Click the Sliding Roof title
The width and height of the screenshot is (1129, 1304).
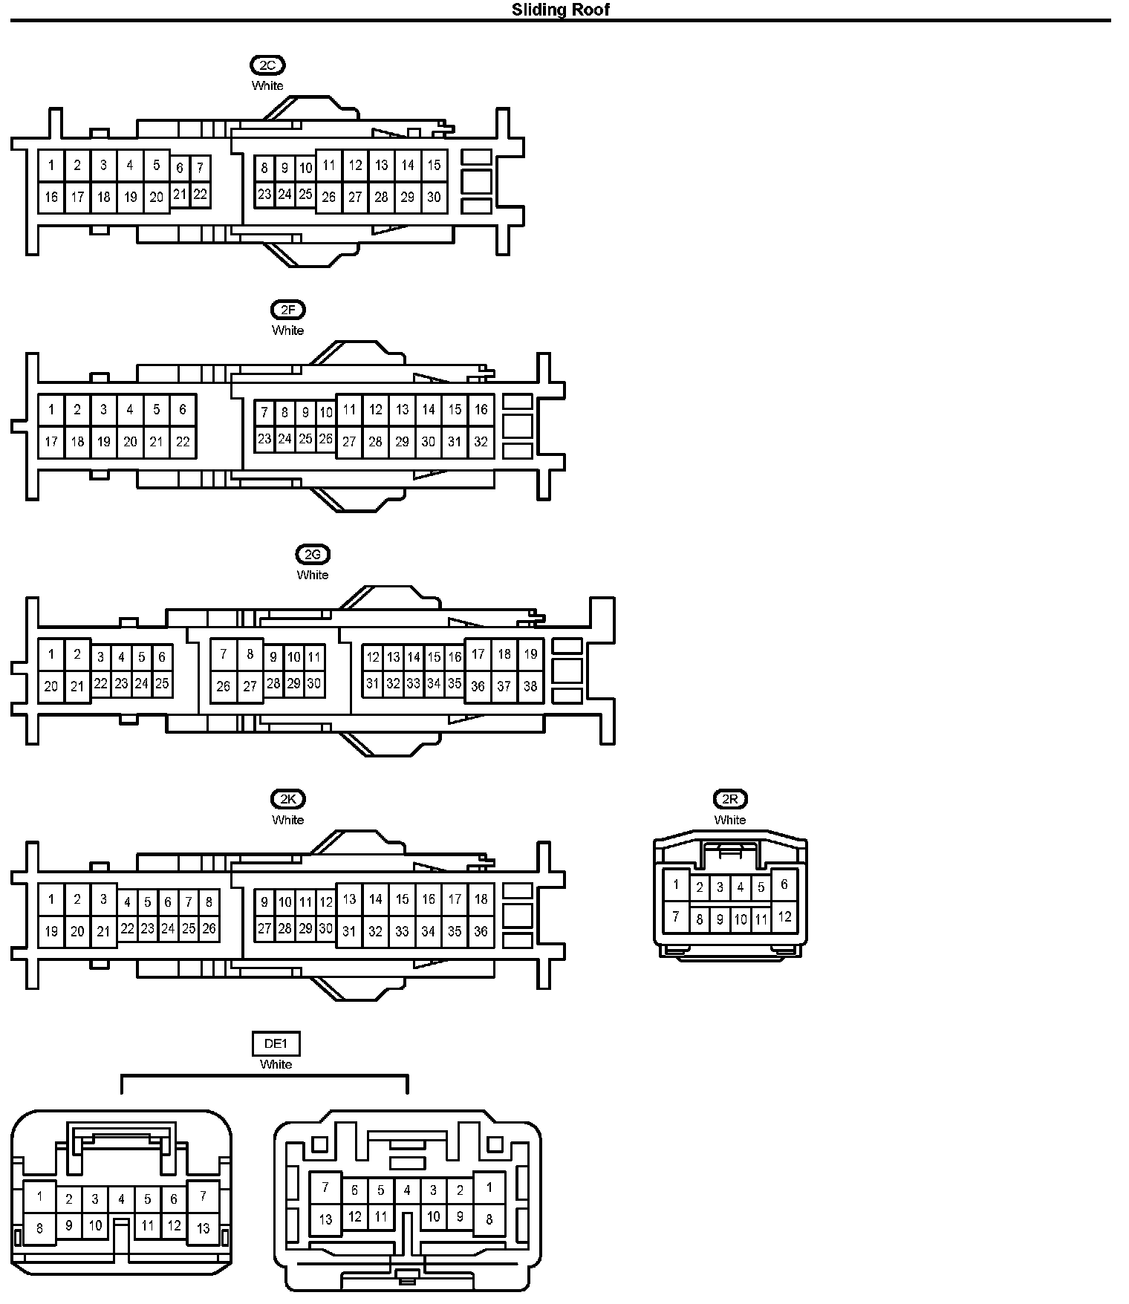[561, 10]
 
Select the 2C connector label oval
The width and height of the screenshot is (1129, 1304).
[267, 65]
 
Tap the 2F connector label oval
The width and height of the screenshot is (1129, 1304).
[287, 310]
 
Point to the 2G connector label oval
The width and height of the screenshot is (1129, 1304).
[313, 554]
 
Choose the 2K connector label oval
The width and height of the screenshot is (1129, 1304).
[287, 799]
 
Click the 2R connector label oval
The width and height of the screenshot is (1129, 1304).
[729, 799]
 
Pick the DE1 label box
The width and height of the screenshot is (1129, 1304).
[276, 1043]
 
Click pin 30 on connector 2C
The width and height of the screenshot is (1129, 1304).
[434, 197]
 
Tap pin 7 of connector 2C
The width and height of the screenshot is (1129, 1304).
[200, 169]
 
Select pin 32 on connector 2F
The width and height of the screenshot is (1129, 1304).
[481, 442]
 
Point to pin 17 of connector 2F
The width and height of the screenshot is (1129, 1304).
[51, 442]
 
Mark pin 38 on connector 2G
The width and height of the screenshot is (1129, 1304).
[530, 686]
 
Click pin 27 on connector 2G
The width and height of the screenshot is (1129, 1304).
[250, 686]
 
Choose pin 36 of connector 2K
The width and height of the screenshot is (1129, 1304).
[481, 930]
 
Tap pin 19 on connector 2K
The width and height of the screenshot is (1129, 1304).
[51, 930]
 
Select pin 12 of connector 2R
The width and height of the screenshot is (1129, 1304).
[784, 916]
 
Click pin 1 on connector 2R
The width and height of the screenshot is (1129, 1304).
[676, 884]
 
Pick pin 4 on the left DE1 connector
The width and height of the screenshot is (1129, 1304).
[121, 1199]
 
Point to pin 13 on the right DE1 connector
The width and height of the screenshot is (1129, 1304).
[325, 1219]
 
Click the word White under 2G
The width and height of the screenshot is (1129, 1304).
[313, 575]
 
